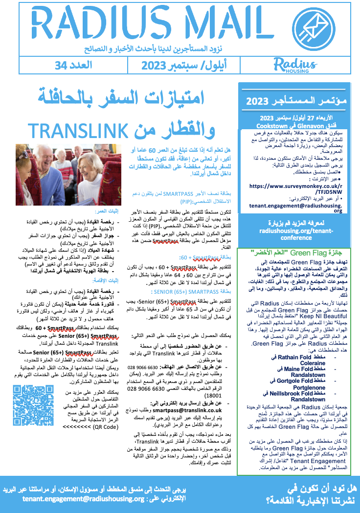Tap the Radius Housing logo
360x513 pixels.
coord(295,65)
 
